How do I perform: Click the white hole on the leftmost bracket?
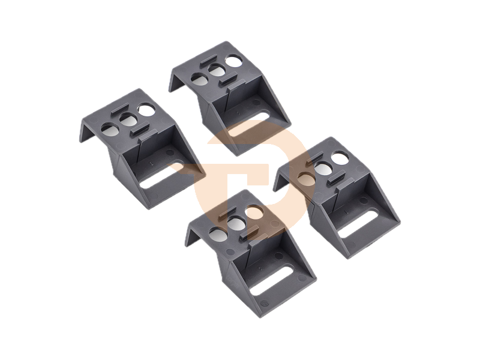point(145,110)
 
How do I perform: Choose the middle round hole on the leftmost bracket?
point(127,119)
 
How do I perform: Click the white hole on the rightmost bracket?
point(340,158)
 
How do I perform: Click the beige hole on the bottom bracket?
point(252,212)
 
